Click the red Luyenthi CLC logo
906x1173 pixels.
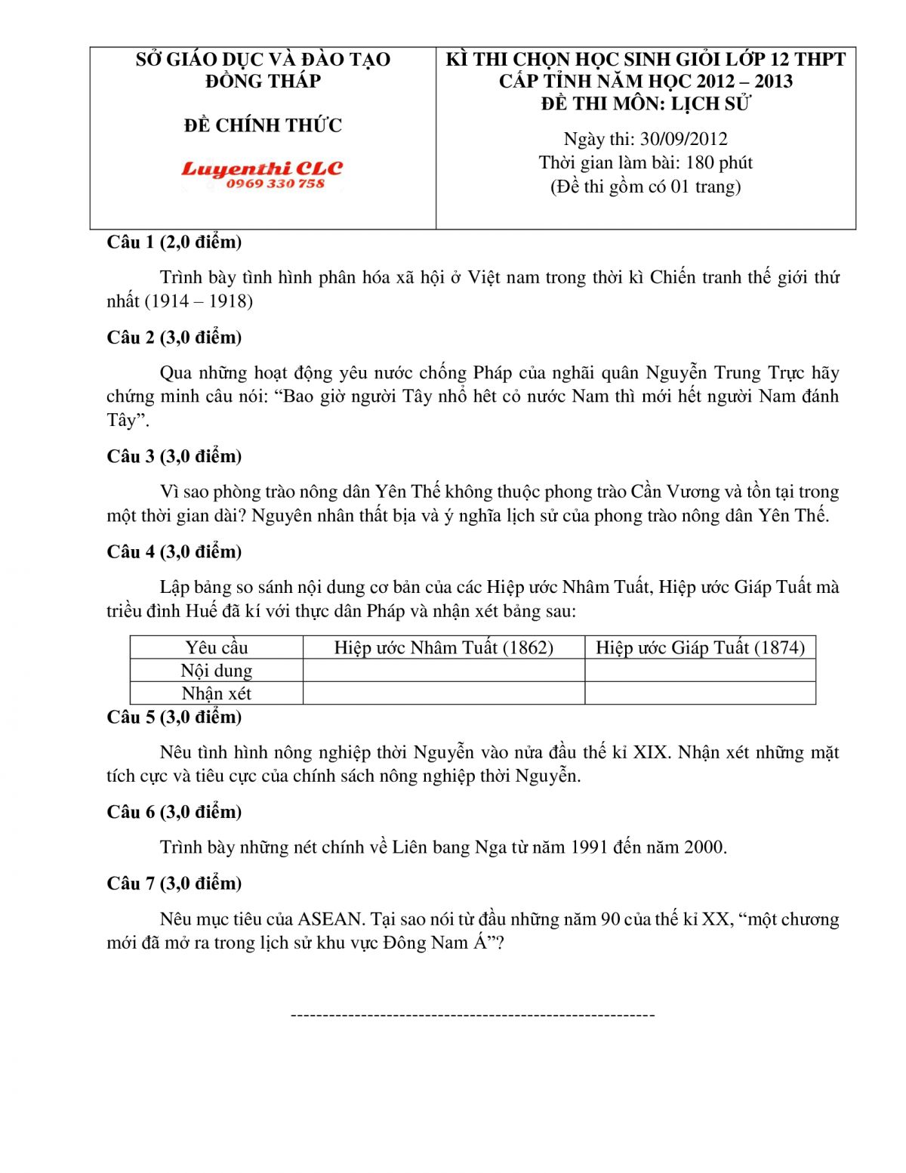pos(261,168)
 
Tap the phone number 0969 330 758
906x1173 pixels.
pos(275,184)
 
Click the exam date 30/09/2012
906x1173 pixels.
pos(683,139)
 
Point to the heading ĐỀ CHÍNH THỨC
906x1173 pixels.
pos(263,125)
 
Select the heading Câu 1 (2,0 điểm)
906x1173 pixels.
pos(174,242)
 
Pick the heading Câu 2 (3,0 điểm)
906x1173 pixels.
pos(174,338)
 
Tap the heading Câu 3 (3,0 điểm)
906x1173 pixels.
pos(174,456)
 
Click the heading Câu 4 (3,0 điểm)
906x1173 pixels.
pos(174,551)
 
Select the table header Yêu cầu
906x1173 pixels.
pos(217,647)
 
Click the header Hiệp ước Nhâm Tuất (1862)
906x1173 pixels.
pos(444,647)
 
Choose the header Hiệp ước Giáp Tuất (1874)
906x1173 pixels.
pos(700,647)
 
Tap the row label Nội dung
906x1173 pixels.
pos(217,671)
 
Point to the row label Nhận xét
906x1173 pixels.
pos(217,693)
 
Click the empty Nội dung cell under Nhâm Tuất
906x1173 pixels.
pos(444,671)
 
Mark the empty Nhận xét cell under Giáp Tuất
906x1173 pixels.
pos(700,693)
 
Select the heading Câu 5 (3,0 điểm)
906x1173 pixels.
pos(174,717)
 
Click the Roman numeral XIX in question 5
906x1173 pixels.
pos(651,752)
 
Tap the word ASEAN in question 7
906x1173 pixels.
pos(331,919)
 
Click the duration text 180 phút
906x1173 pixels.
pos(719,162)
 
